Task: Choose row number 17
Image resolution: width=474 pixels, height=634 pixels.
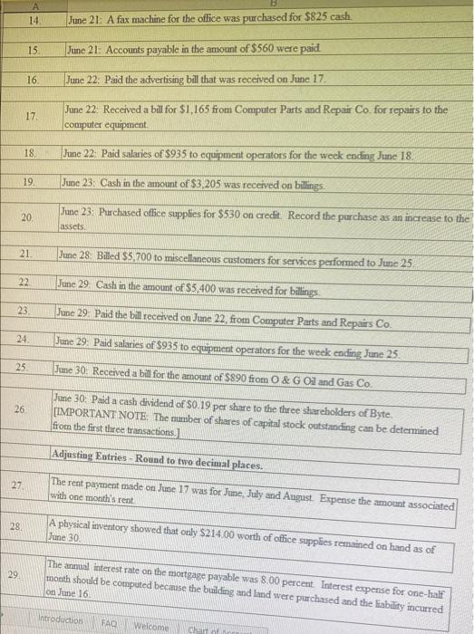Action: [x=32, y=116]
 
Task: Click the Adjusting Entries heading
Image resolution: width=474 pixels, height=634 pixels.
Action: [x=145, y=465]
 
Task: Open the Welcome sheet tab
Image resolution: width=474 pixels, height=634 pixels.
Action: [x=151, y=625]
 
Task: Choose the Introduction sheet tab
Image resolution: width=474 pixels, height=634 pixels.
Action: [x=57, y=625]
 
